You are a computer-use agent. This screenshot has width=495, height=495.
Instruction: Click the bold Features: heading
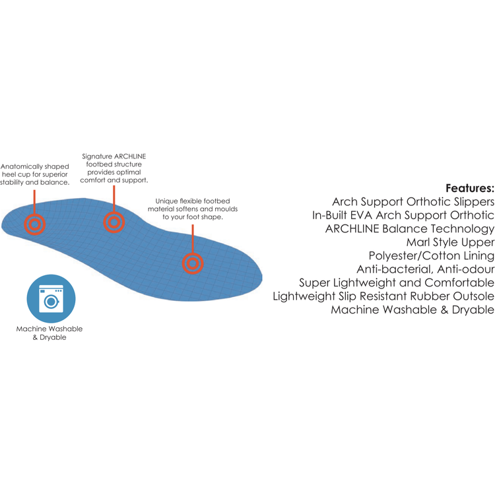(470, 189)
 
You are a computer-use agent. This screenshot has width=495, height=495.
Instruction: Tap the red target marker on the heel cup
(35, 224)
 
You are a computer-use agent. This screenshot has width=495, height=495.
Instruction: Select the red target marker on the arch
(114, 222)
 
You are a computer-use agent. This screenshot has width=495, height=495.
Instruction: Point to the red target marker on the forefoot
(193, 263)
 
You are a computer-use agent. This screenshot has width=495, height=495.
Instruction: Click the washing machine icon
(51, 298)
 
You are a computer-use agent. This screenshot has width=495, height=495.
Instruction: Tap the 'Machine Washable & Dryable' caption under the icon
(49, 333)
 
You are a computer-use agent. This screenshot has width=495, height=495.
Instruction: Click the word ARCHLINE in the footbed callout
(130, 156)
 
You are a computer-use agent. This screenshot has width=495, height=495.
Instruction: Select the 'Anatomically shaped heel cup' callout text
(35, 174)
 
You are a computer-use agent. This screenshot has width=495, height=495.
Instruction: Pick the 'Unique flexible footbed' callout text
(193, 209)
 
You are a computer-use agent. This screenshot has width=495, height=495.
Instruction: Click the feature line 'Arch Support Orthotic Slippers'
(413, 202)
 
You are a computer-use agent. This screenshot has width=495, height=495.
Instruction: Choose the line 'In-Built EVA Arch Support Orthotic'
(403, 215)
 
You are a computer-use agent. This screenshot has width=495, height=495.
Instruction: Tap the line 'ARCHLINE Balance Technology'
(410, 229)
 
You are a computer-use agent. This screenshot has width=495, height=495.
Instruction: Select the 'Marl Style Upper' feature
(450, 242)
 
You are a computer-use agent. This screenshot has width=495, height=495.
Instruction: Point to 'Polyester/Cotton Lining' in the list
(432, 255)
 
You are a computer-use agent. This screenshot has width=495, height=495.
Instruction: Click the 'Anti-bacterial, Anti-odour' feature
(426, 269)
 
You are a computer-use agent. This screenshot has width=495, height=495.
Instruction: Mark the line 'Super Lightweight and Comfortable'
(397, 283)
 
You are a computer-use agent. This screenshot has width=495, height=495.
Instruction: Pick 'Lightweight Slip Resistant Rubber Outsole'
(383, 296)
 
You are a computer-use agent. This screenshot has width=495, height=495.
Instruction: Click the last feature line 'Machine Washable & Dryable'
(412, 310)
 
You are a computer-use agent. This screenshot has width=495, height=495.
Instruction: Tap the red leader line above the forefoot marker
(193, 239)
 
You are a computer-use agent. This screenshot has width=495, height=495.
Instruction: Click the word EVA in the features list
(361, 215)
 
